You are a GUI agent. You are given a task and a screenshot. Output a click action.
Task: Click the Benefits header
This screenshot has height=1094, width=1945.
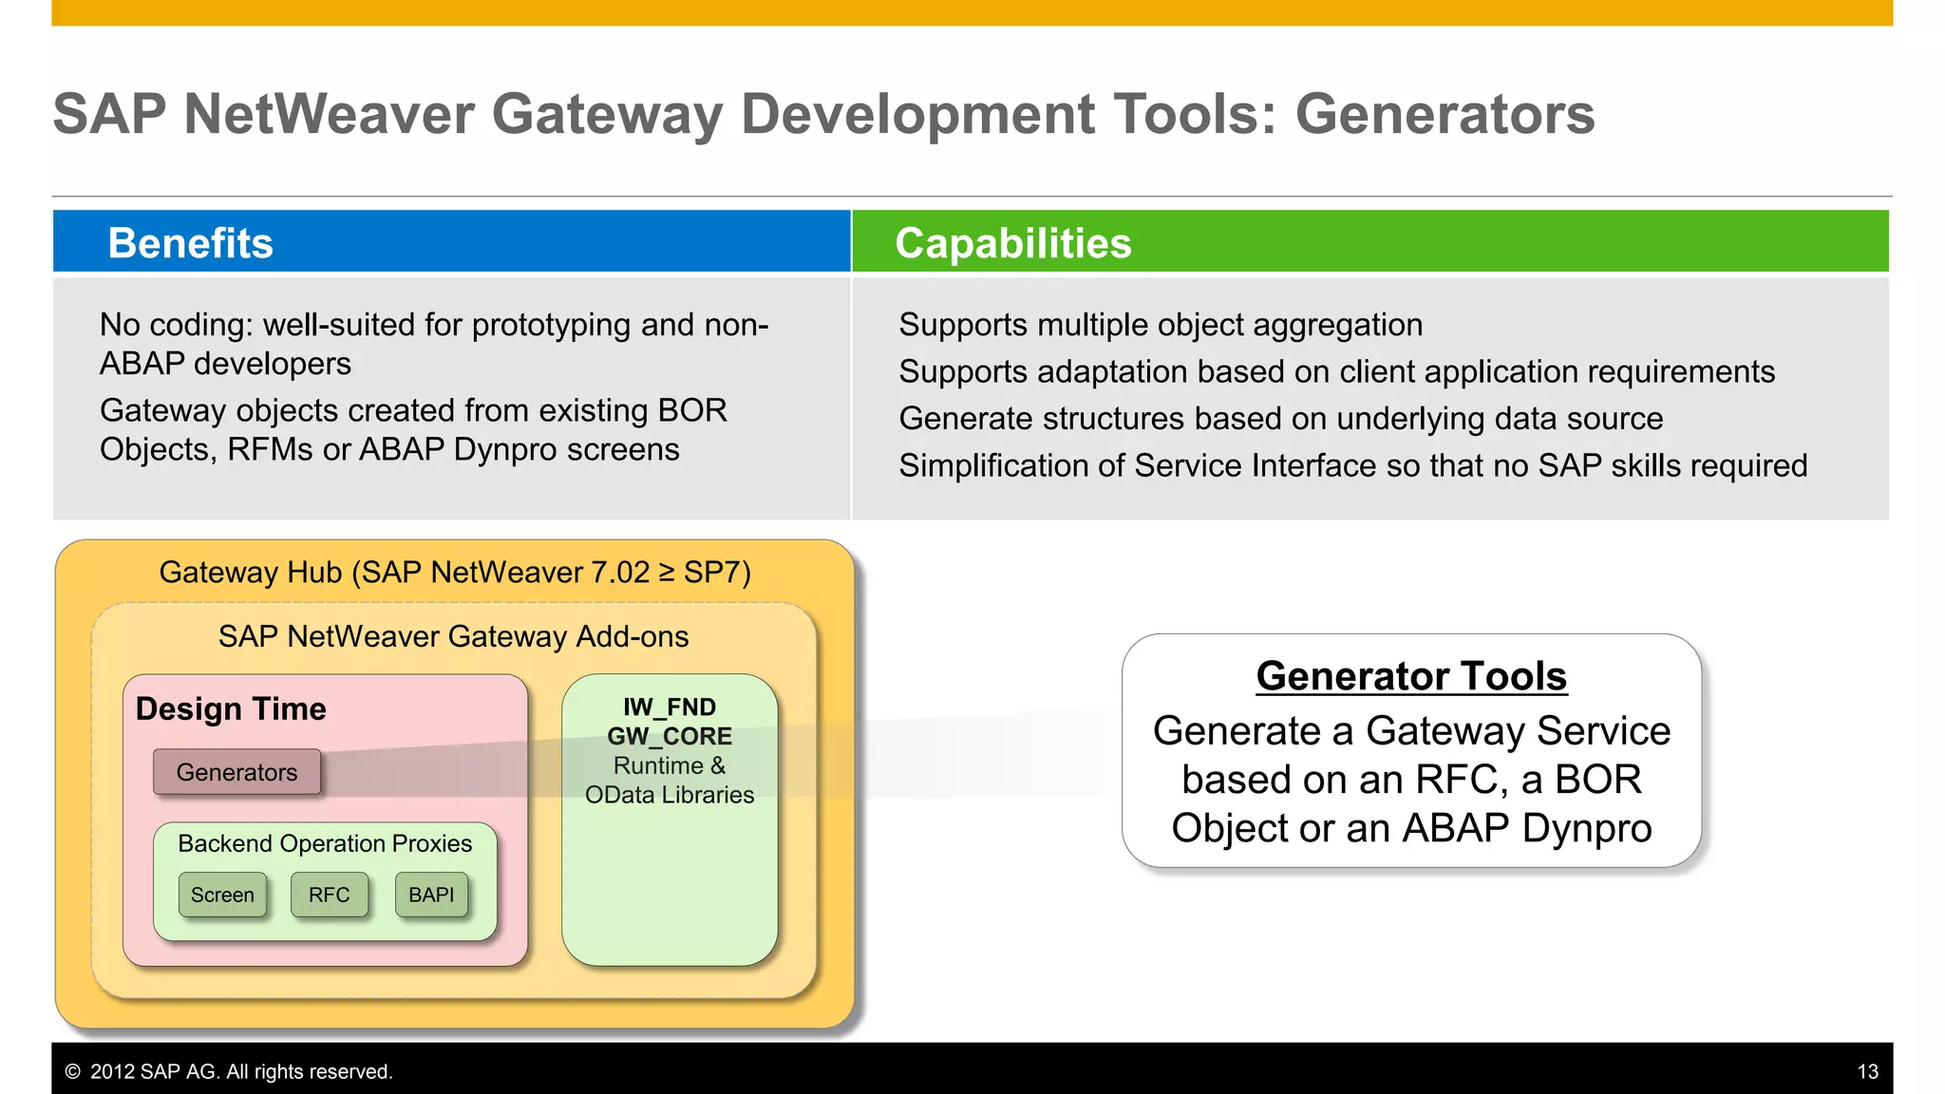(190, 243)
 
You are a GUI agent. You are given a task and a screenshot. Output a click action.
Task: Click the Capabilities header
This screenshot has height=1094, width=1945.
(1012, 243)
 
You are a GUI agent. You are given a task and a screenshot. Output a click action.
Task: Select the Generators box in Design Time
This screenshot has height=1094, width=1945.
(236, 772)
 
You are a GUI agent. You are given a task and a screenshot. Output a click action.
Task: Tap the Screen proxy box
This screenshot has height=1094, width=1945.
(222, 895)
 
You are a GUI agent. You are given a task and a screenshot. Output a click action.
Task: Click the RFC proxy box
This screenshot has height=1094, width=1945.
(329, 895)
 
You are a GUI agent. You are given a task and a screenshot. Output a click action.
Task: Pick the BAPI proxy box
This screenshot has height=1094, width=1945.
(431, 895)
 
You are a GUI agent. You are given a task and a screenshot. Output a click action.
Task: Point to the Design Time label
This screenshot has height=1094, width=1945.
(231, 708)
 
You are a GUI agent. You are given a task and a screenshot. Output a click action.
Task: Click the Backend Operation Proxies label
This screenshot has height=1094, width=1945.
(324, 843)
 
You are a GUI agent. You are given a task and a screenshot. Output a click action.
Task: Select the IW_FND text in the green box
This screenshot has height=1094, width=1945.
(669, 707)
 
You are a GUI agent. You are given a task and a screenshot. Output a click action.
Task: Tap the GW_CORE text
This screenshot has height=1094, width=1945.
(669, 736)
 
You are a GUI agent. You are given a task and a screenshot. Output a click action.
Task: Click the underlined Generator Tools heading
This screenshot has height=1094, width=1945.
(1411, 676)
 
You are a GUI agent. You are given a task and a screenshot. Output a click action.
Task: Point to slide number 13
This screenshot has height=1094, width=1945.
(1867, 1071)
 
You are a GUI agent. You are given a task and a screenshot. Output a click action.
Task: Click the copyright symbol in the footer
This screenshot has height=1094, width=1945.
(72, 1071)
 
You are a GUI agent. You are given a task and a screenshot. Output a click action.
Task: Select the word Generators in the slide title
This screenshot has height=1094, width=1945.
(1445, 114)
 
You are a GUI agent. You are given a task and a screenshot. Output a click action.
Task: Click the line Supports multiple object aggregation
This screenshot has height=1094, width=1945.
(1160, 325)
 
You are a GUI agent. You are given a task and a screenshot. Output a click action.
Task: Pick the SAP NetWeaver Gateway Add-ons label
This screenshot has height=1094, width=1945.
(453, 636)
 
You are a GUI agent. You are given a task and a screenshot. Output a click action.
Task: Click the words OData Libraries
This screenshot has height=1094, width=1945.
(669, 795)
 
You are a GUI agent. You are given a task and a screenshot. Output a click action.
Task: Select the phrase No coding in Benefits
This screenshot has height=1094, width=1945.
(176, 325)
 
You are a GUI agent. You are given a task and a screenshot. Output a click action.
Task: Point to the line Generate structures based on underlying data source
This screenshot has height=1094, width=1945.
(1280, 419)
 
